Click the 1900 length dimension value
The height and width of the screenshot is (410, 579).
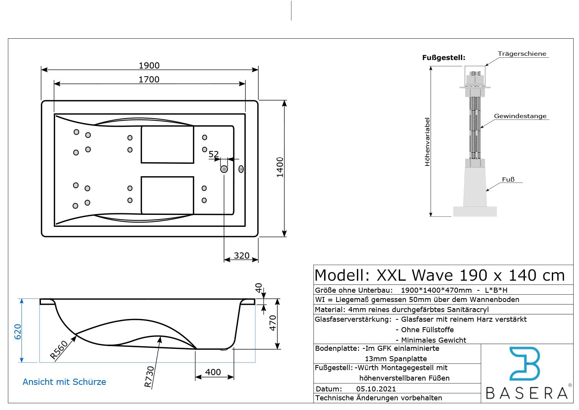(149, 65)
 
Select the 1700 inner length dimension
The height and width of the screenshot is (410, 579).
(149, 79)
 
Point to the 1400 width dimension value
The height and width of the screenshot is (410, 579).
(280, 167)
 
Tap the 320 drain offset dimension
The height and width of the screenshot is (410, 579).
(242, 256)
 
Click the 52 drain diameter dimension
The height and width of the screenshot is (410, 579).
(213, 154)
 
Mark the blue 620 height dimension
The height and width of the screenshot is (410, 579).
(18, 332)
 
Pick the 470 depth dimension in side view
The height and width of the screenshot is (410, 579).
(273, 323)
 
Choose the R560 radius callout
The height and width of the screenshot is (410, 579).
(59, 350)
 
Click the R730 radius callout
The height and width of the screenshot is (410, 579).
(149, 377)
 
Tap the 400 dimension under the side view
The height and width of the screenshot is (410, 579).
(213, 372)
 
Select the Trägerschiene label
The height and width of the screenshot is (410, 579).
(522, 54)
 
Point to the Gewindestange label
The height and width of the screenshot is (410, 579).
(520, 116)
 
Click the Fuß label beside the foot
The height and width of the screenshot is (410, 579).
(508, 180)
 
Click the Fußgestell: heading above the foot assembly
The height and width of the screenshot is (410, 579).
(444, 58)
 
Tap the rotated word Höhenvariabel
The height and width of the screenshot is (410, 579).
(427, 142)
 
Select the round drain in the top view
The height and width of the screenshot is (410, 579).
(224, 169)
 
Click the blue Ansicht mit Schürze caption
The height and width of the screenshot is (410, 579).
(64, 382)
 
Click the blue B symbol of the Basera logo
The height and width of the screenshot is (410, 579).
(525, 364)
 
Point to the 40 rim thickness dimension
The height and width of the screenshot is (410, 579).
(259, 288)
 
